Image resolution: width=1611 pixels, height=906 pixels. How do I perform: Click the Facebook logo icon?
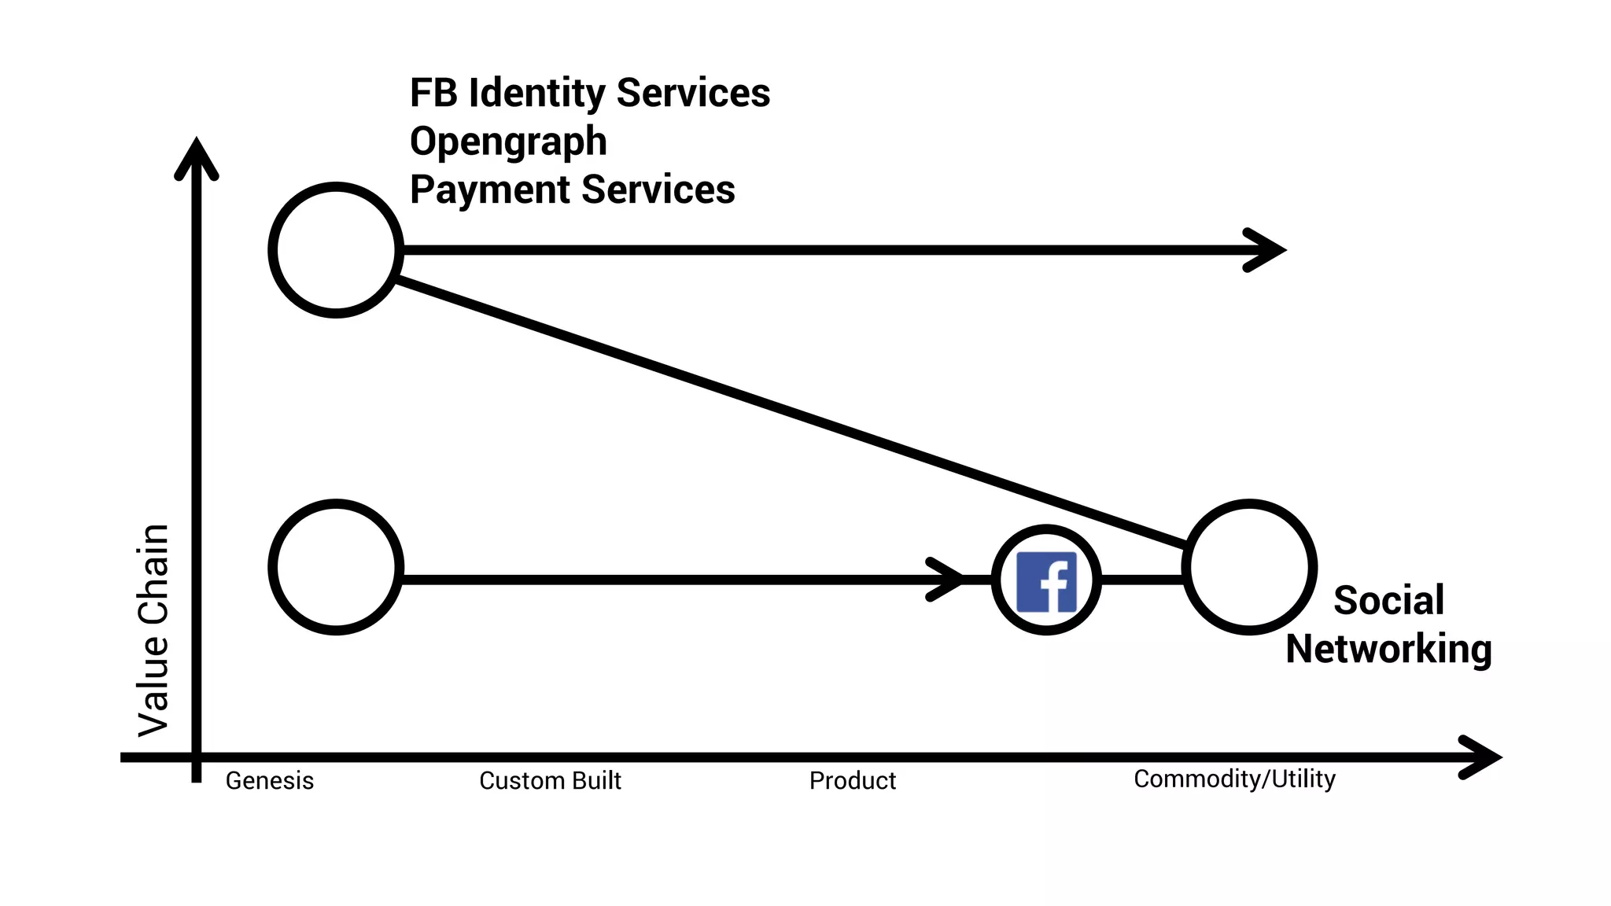pos(1046,581)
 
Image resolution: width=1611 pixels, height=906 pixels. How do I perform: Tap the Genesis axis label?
pos(270,781)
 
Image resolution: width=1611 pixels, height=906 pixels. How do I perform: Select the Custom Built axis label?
pos(550,781)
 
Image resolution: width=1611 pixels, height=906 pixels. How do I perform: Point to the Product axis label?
pos(853,781)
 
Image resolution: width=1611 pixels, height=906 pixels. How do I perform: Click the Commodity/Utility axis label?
pos(1234,779)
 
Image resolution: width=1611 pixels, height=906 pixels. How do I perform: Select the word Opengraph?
pos(508,142)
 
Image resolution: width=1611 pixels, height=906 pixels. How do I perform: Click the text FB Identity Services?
pos(590,93)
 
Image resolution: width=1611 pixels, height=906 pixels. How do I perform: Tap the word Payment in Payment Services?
pos(489,190)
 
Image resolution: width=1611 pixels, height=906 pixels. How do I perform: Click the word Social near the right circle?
pos(1389,601)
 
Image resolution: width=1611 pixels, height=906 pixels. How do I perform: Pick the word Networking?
pos(1389,650)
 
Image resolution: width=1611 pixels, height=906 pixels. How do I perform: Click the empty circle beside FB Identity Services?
pos(336,250)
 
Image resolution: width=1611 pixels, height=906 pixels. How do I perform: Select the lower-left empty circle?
pos(336,567)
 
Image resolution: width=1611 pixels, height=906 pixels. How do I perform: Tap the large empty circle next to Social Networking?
pos(1249,567)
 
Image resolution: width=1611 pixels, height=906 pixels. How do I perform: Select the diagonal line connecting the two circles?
pos(787,413)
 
